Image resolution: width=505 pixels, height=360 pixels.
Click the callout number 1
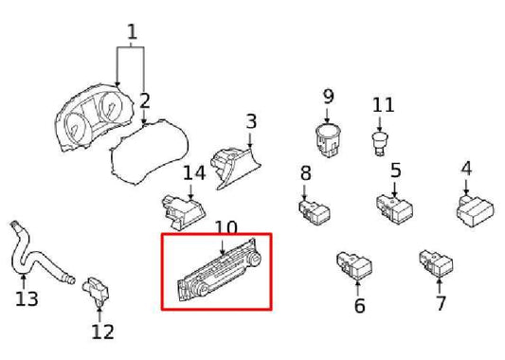tap(132, 32)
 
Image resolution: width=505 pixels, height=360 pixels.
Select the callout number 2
tap(145, 99)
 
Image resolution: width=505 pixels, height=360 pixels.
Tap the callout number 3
tap(251, 121)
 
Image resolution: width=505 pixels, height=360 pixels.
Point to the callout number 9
tap(329, 96)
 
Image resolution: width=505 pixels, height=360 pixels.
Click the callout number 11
tap(382, 104)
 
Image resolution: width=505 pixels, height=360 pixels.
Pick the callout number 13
tap(27, 299)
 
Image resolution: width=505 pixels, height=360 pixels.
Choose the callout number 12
tap(102, 331)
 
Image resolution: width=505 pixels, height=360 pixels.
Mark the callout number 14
tap(194, 173)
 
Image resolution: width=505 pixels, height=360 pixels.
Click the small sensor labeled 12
tap(99, 288)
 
